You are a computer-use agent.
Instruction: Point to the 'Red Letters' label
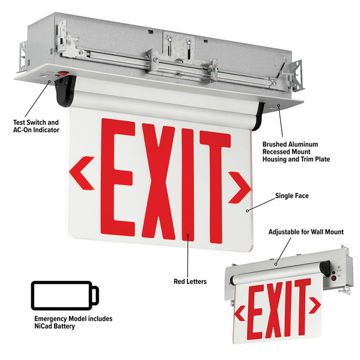(190, 281)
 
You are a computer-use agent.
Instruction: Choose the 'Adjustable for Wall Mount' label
(305, 232)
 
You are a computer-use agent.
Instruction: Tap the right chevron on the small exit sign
(315, 305)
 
